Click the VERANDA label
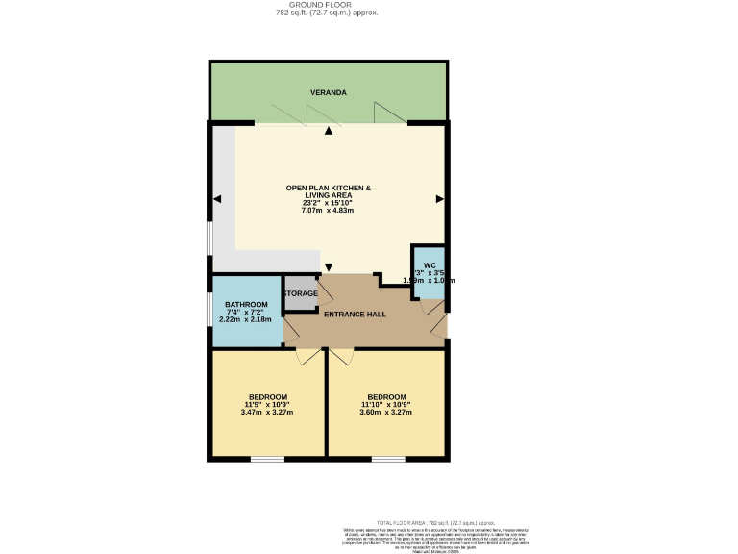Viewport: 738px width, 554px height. [328, 93]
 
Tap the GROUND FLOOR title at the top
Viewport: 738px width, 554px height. [327, 5]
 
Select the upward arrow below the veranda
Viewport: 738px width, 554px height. [329, 131]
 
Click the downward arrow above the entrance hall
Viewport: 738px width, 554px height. [329, 266]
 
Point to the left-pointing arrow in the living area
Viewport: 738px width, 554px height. [217, 199]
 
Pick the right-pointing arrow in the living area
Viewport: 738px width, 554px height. [439, 199]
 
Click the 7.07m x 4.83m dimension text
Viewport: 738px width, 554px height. [328, 210]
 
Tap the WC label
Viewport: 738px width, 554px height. [430, 265]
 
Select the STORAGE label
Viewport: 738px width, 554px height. [300, 293]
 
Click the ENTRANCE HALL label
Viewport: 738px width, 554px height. [355, 315]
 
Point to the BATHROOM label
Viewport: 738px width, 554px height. [246, 305]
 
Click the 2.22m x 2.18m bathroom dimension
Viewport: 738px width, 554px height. [246, 320]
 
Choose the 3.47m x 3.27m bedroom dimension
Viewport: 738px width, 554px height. [267, 413]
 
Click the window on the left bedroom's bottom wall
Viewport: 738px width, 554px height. [267, 459]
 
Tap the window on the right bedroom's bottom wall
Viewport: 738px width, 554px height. [387, 459]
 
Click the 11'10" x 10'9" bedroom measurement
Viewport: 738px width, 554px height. [386, 405]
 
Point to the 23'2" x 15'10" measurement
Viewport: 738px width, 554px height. [328, 202]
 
